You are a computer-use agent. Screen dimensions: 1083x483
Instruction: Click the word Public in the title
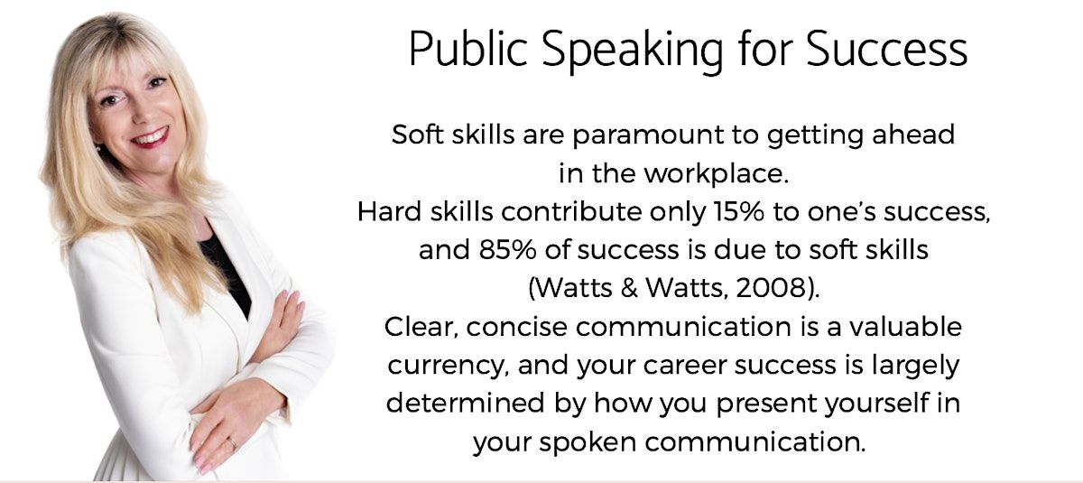click(467, 50)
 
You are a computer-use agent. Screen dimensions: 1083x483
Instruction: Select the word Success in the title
click(886, 50)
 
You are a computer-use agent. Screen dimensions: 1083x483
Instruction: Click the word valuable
click(905, 327)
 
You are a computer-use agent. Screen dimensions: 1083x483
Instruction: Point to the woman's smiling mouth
click(151, 137)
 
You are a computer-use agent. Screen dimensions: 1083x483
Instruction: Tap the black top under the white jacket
click(227, 271)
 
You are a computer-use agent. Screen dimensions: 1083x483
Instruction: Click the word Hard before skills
click(389, 212)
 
